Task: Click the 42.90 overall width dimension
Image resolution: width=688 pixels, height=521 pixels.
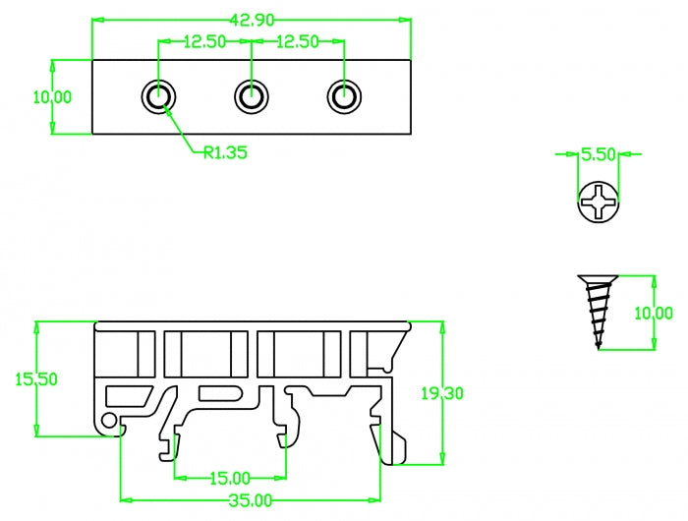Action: coord(251,19)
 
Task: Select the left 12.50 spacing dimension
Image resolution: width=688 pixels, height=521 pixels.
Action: coord(205,41)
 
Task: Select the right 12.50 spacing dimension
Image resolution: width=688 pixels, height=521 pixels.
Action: coord(298,41)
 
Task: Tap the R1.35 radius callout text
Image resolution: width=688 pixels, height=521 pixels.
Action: coord(225,152)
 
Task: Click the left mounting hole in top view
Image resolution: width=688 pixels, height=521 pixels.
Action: coord(159,96)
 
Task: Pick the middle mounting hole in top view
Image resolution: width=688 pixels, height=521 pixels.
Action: coord(252,96)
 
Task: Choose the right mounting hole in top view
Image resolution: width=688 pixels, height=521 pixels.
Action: coord(344,96)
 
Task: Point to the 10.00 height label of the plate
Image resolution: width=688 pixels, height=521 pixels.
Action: coord(52,96)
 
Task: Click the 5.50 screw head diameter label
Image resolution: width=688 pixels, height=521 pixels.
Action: coord(598,154)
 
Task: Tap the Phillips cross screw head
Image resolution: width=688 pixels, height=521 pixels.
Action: coord(598,203)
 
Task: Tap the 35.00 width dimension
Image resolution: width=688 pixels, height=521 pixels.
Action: coord(250,500)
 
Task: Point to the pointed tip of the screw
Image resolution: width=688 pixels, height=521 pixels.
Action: coord(597,346)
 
